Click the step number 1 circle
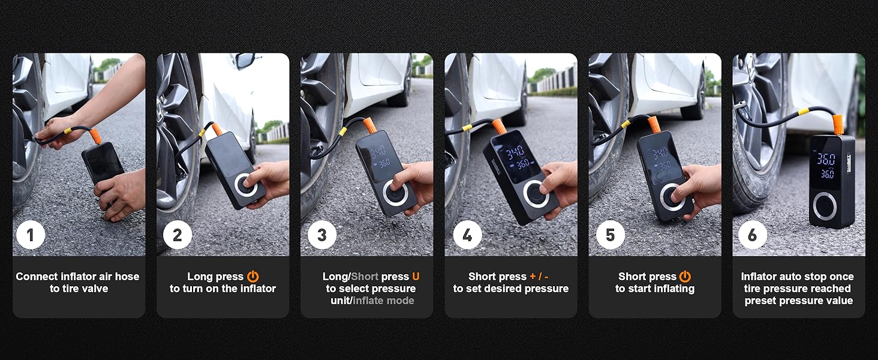coord(31,235)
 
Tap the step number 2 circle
coord(177,235)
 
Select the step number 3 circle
coord(322,235)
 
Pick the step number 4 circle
coord(467,235)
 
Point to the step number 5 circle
coord(611,235)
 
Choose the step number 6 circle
coord(752,235)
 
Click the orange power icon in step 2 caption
coord(253,277)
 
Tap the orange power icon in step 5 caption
coord(685,277)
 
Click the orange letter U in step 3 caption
coord(416,277)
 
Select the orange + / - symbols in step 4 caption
coord(539,277)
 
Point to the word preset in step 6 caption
coord(762,301)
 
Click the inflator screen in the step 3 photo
coord(377,155)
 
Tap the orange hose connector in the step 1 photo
coord(95,136)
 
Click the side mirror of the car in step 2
coord(245,60)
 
